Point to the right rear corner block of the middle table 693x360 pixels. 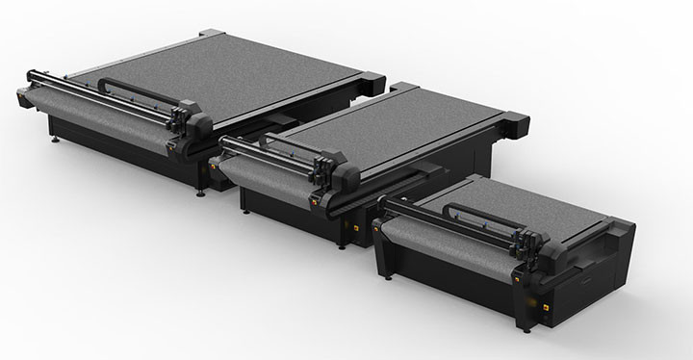pyautogui.click(x=516, y=121)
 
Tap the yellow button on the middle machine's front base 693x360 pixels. pyautogui.click(x=353, y=227)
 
